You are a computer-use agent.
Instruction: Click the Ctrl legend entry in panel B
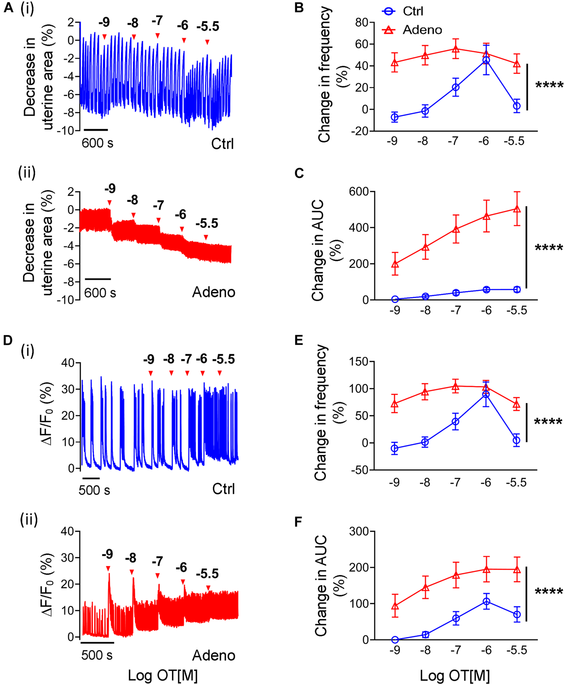[x=412, y=11]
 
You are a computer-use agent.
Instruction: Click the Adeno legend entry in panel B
[x=422, y=30]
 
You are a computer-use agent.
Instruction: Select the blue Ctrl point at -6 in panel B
[x=486, y=60]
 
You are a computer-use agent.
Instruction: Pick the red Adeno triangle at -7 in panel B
[x=456, y=49]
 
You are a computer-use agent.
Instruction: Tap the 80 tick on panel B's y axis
[x=361, y=22]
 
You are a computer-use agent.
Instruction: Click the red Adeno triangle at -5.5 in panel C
[x=517, y=209]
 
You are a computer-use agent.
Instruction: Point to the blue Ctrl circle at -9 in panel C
[x=395, y=299]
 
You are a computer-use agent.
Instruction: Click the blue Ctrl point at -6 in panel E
[x=486, y=395]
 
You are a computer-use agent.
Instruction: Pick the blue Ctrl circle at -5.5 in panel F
[x=517, y=615]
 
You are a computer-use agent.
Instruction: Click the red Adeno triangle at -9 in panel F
[x=395, y=606]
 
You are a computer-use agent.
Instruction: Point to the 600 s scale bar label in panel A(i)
[x=97, y=143]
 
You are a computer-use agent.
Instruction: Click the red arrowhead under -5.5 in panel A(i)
[x=207, y=42]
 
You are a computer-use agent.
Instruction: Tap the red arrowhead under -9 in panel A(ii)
[x=110, y=203]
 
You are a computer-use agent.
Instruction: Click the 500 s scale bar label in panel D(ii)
[x=97, y=655]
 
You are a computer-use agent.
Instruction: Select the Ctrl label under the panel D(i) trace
[x=223, y=489]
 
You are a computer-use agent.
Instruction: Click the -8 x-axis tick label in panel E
[x=425, y=482]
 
